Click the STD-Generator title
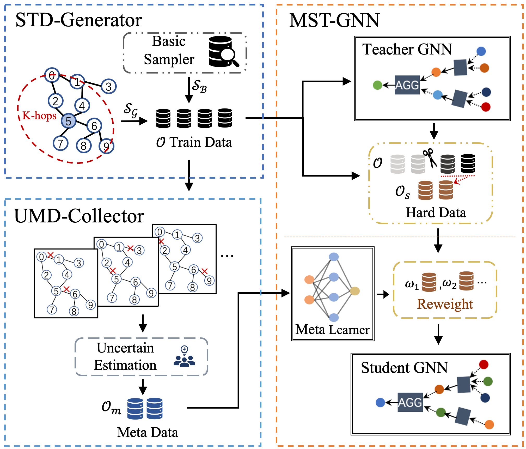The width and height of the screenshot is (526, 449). tap(78, 20)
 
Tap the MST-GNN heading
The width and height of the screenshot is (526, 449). tap(334, 21)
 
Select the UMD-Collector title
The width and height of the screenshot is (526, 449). tap(79, 216)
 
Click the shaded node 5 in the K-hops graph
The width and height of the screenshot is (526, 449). tap(69, 121)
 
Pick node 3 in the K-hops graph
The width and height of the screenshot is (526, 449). tap(109, 87)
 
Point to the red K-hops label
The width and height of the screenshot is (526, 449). tap(39, 116)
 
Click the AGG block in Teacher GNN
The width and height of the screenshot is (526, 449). tap(407, 85)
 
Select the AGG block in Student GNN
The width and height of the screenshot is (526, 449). tap(410, 402)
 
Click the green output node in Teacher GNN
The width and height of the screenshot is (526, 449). tap(377, 85)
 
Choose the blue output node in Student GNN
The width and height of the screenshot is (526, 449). tap(380, 402)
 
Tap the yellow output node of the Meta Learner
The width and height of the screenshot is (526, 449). tap(355, 291)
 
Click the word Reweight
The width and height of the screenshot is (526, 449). tap(445, 304)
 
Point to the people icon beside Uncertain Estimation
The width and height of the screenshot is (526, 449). tap(184, 357)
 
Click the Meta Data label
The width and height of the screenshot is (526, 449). tap(148, 432)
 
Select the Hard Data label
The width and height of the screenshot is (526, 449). tap(436, 213)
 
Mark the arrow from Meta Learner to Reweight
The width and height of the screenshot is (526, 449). tap(383, 295)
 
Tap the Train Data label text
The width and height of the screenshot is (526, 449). tap(201, 142)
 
